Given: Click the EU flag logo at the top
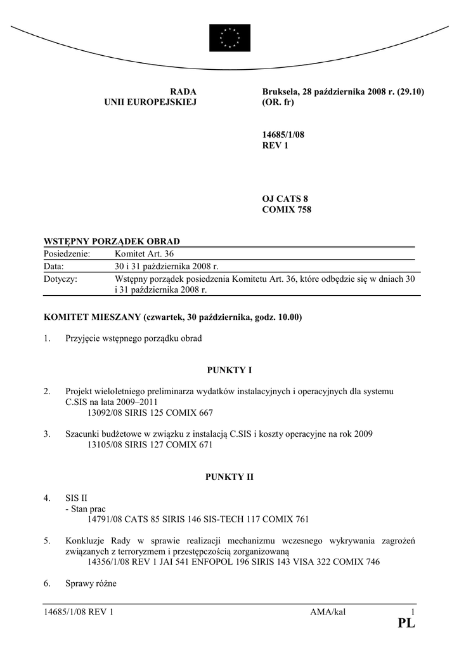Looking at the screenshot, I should [229, 37].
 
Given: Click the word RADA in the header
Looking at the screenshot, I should [184, 92].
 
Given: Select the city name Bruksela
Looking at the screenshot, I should [280, 92].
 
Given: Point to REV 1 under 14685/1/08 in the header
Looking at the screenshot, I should [275, 145].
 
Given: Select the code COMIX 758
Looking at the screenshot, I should [287, 209].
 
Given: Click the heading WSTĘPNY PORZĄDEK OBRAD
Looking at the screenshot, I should [112, 241].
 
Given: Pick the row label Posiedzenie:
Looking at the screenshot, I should [67, 254].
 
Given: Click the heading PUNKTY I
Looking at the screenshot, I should [229, 369].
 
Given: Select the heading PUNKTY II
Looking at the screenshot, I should [229, 476].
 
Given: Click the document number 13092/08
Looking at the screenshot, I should [107, 412].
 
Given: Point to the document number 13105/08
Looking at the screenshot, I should [107, 444].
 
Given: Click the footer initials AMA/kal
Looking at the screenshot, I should [328, 611].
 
